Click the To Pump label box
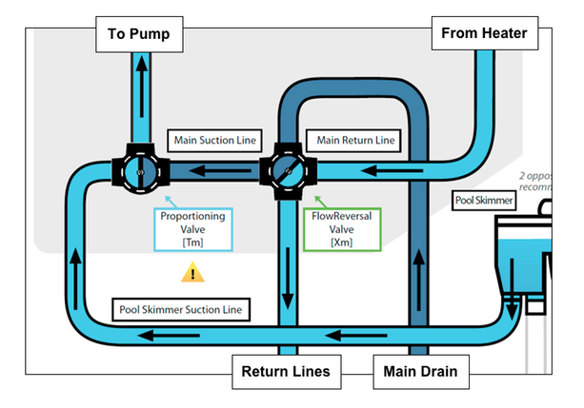click(140, 35)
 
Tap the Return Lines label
click(285, 372)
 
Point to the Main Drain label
click(420, 372)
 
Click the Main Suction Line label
click(214, 141)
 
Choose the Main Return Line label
click(355, 141)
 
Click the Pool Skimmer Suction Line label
click(182, 309)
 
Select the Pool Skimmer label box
click(484, 202)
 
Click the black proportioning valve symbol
click(139, 172)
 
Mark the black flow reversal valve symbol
click(286, 172)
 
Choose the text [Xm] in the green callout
click(341, 243)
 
